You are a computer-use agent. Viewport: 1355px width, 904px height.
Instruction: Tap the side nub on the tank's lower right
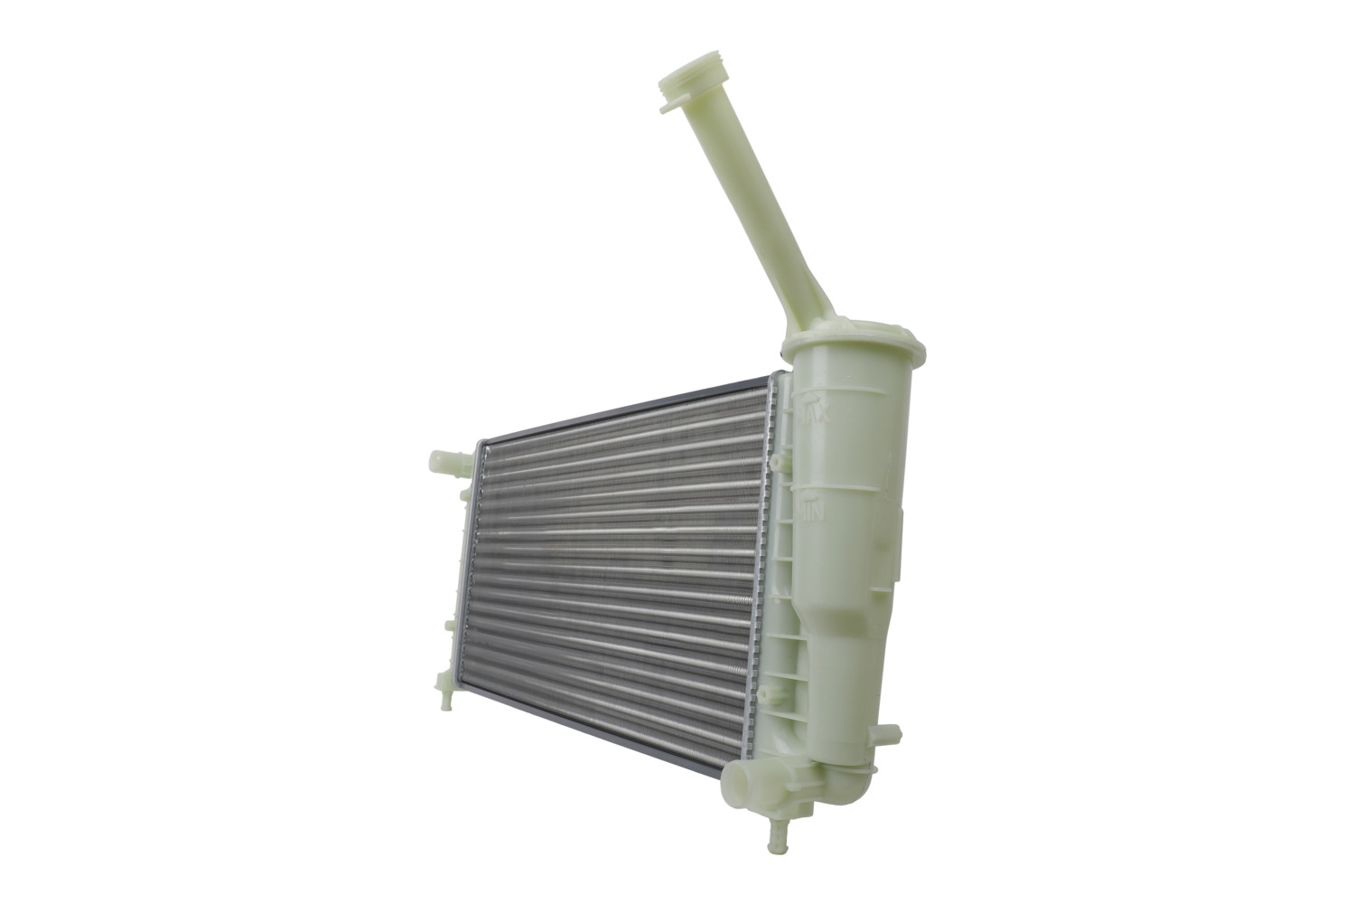[887, 735]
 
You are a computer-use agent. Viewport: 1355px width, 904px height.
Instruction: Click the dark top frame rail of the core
[623, 406]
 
